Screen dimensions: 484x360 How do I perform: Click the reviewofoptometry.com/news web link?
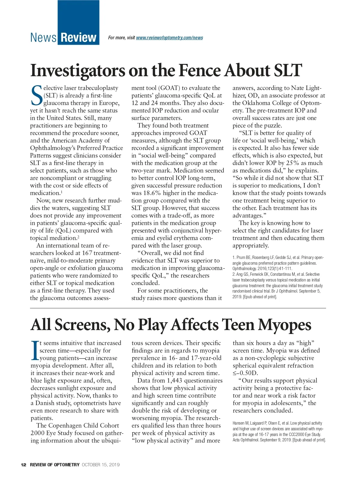coord(169,38)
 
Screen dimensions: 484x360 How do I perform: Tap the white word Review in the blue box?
coord(78,38)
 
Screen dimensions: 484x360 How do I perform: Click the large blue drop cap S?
coord(37,95)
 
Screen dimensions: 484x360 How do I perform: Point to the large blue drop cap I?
coord(35,350)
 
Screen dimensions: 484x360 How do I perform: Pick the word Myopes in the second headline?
coord(284,325)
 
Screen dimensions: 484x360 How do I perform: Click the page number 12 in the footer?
coord(23,465)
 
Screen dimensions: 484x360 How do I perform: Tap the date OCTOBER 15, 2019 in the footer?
coord(100,465)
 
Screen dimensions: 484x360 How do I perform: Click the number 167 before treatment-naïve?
coord(87,253)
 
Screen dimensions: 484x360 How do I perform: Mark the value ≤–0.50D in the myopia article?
coord(245,373)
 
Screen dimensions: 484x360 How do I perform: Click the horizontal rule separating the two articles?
coord(178,308)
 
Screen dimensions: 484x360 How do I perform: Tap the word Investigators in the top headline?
coord(78,71)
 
